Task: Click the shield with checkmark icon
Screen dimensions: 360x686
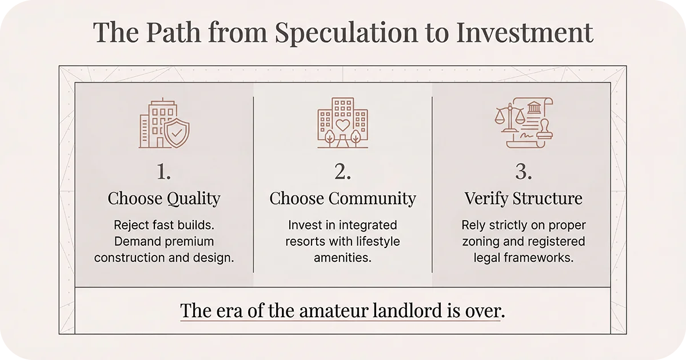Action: click(x=177, y=134)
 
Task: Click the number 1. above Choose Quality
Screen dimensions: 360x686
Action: click(x=164, y=171)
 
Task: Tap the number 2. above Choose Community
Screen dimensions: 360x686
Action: click(x=343, y=171)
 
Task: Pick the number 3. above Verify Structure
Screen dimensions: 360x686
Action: click(x=523, y=171)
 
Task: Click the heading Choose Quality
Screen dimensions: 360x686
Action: click(x=164, y=198)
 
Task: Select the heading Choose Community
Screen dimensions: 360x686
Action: click(x=343, y=198)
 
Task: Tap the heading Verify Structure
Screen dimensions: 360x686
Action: click(x=523, y=198)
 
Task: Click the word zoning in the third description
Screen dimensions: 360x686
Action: click(x=481, y=241)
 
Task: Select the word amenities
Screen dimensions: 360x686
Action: click(x=343, y=258)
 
